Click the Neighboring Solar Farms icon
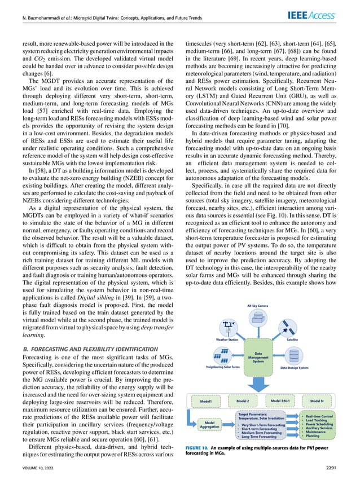pyautogui.click(x=224, y=356)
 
